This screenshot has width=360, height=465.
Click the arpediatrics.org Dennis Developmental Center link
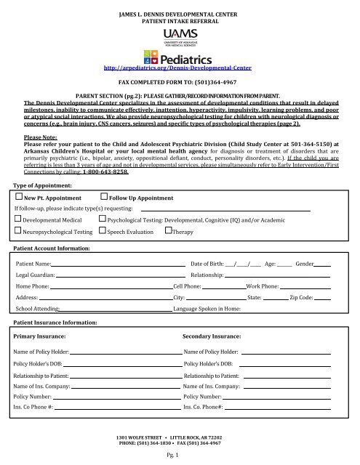tap(180, 70)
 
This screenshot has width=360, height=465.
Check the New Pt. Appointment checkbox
tap(19, 176)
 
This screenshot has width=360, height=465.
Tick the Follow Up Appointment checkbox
tap(103, 176)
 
